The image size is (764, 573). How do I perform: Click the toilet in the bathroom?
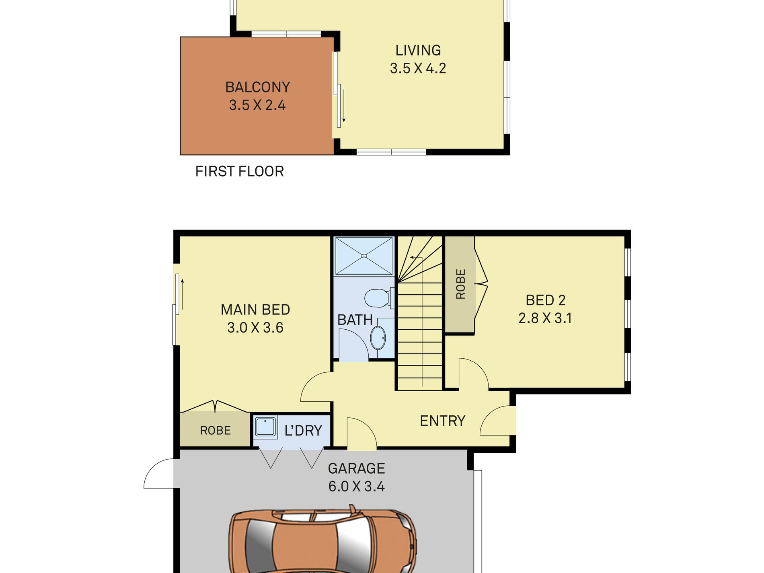click(379, 298)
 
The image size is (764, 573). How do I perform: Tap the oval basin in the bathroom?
click(378, 337)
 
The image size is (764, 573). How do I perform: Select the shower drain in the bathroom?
click(364, 256)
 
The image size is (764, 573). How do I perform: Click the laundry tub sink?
click(265, 427)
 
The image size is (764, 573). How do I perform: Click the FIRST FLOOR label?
click(240, 171)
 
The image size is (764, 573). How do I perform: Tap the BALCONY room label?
click(258, 87)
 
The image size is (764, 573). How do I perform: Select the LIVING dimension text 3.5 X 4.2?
click(418, 68)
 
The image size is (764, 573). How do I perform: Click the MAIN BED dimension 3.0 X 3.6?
click(255, 328)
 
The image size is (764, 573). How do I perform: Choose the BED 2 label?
click(546, 300)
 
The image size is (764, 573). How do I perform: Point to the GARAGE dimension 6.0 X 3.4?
click(357, 487)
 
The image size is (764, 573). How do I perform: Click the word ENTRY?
click(443, 421)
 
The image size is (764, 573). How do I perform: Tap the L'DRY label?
click(303, 431)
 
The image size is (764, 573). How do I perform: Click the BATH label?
click(355, 320)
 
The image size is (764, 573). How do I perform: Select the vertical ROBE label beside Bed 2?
click(461, 284)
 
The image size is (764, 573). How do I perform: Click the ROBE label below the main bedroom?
click(216, 431)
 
